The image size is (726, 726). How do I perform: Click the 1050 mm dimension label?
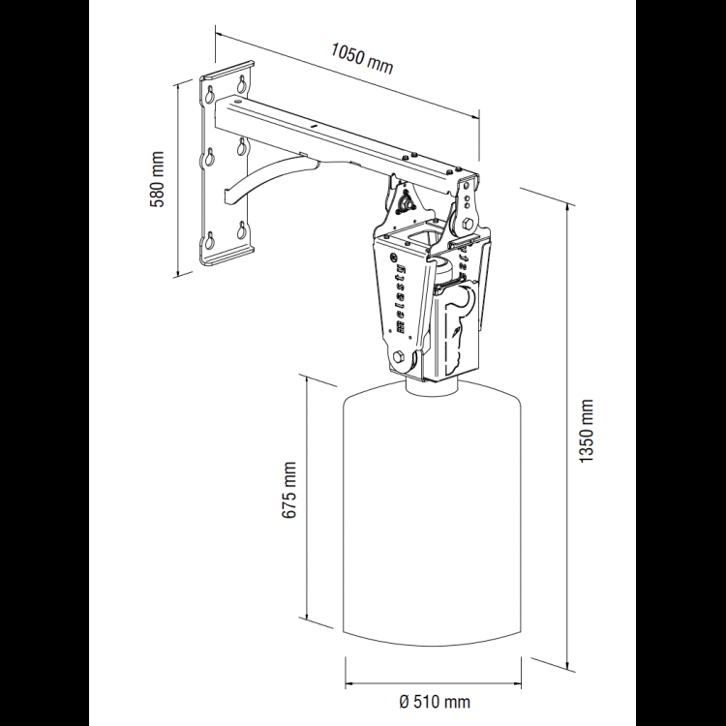(362, 58)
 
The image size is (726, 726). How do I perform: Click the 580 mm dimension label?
(158, 179)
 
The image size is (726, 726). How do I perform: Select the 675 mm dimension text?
(288, 490)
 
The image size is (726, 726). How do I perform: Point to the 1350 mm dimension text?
(587, 430)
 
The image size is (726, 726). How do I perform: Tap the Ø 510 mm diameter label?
(435, 702)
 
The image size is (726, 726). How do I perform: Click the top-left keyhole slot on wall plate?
(209, 94)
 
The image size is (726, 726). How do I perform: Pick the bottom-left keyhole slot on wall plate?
(209, 240)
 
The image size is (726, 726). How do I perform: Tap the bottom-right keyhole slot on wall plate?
(242, 229)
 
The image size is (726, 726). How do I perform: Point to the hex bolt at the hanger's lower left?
(399, 357)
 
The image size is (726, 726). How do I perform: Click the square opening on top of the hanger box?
(423, 235)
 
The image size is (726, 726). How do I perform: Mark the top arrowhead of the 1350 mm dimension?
(568, 208)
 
